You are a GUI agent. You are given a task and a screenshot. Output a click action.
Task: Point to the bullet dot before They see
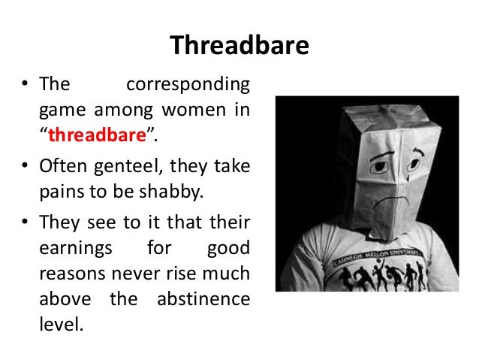25,220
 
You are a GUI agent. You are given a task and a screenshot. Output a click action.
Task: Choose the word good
229,247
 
